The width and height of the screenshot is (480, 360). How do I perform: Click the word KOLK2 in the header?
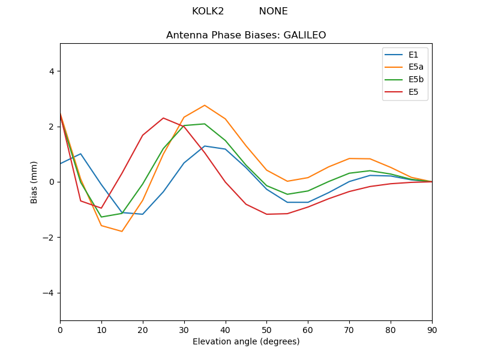(x=208, y=11)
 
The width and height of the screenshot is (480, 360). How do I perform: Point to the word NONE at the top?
(x=273, y=11)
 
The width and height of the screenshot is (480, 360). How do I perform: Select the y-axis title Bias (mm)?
(x=35, y=182)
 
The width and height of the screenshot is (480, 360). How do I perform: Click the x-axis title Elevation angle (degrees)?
(x=246, y=342)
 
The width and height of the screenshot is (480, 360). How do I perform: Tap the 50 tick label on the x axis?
(x=266, y=329)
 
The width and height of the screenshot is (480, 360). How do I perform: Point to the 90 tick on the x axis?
(x=432, y=329)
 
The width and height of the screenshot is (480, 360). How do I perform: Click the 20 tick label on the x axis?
(x=143, y=329)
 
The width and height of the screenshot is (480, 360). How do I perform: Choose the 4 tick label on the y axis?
(x=51, y=71)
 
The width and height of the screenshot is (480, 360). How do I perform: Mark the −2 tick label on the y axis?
(x=49, y=237)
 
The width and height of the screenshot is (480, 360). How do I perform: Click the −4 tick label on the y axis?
(x=49, y=293)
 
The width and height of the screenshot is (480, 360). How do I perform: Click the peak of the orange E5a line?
(x=205, y=106)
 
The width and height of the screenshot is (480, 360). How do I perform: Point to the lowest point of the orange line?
(x=122, y=231)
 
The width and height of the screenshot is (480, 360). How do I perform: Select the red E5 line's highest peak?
(x=163, y=118)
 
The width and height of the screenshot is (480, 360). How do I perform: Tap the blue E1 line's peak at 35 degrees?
(x=205, y=146)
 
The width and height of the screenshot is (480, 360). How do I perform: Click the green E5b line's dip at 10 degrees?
(x=101, y=217)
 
